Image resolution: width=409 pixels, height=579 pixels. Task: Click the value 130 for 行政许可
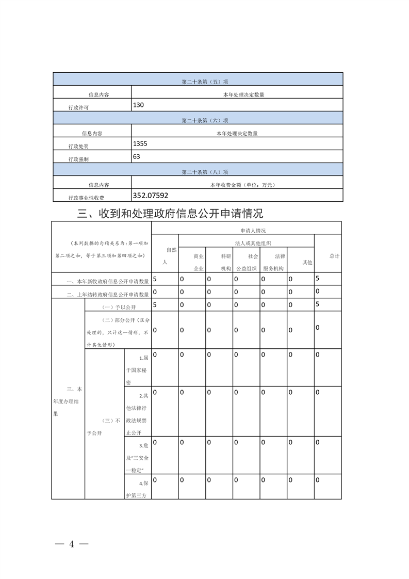coord(138,105)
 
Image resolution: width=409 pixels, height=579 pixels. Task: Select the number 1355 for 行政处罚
coord(140,143)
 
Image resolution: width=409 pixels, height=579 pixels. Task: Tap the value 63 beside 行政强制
coord(137,156)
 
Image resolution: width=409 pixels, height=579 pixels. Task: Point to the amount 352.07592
coord(151,195)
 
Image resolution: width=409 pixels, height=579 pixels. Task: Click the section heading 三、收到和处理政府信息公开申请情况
coord(170,213)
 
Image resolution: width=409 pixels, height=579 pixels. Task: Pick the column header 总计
coord(334,256)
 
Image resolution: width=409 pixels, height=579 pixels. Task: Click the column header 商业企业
coord(199,262)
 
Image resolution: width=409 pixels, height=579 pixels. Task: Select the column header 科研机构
coord(226,262)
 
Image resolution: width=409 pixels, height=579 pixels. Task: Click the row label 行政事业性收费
coord(86,198)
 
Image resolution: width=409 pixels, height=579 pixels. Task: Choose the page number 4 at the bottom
coord(72,544)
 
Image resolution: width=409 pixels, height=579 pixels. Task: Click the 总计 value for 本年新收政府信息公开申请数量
coord(317,278)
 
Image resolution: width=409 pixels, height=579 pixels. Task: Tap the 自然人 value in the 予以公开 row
coord(155,304)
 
